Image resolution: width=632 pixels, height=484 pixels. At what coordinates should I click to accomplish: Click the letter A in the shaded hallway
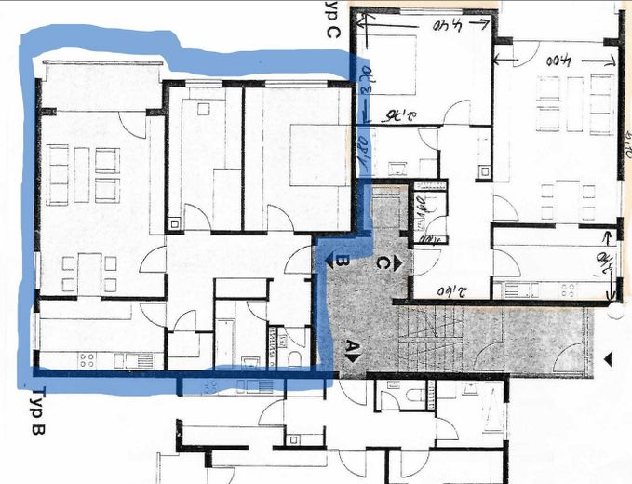tap(352, 350)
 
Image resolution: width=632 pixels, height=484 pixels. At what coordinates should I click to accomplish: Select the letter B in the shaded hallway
tap(341, 263)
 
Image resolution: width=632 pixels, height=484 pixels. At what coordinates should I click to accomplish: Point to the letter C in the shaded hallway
tap(382, 263)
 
